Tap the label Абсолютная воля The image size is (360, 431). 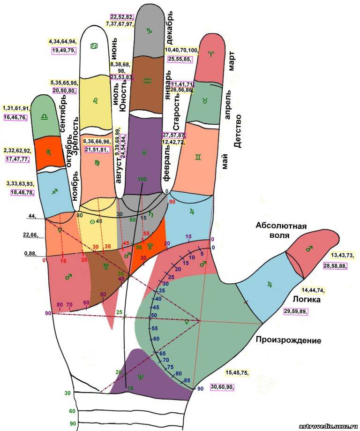(x=281, y=230)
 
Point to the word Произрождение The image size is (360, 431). (x=288, y=340)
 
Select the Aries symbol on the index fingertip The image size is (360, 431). (x=211, y=54)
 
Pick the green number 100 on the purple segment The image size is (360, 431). (x=142, y=179)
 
